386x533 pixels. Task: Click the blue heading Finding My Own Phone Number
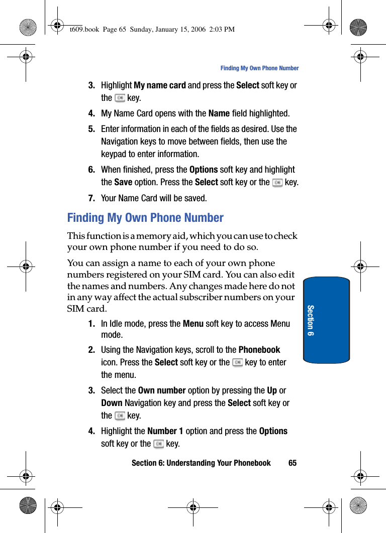tap(145, 218)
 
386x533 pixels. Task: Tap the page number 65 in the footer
tap(293, 463)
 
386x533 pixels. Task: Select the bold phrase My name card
tap(160, 85)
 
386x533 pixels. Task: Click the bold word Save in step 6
tap(123, 182)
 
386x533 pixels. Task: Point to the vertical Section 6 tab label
tap(311, 320)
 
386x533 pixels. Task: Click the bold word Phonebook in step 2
tap(259, 350)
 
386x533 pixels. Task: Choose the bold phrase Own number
tap(162, 390)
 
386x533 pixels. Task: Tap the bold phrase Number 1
tap(165, 431)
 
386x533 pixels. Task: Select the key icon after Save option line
tap(277, 183)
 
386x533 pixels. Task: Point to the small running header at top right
tap(259, 68)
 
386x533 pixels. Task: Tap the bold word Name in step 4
tap(219, 113)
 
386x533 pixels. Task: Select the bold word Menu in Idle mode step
tap(193, 324)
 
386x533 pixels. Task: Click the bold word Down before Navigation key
tap(112, 403)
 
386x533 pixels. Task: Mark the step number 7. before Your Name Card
tap(91, 198)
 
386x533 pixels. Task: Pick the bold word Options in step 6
tap(204, 170)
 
